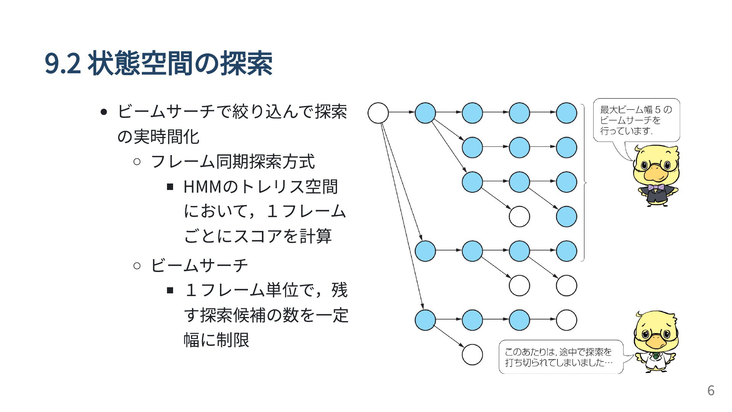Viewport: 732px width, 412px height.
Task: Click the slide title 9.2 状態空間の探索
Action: (159, 63)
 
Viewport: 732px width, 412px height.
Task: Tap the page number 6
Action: (711, 390)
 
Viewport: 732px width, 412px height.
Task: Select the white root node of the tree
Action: (378, 113)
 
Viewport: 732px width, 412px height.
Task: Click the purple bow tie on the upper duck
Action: (655, 187)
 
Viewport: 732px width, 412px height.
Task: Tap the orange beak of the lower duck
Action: (655, 341)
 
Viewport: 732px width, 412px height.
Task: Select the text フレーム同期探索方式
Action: (233, 161)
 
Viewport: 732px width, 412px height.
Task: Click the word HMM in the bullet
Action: (202, 187)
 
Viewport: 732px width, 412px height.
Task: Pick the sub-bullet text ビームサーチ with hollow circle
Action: (199, 265)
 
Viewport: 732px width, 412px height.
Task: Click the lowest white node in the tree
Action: (472, 354)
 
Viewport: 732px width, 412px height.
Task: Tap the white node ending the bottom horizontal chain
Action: (566, 320)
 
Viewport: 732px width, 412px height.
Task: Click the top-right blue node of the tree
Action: (566, 113)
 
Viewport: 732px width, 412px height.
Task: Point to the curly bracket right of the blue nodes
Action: (584, 183)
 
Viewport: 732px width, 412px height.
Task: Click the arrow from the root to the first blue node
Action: (402, 113)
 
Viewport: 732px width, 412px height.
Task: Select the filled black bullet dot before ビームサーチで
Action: (103, 112)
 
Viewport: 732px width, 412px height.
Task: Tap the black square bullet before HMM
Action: (170, 187)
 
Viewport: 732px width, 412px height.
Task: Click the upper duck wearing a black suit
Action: (655, 175)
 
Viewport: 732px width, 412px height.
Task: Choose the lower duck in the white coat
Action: (655, 342)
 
